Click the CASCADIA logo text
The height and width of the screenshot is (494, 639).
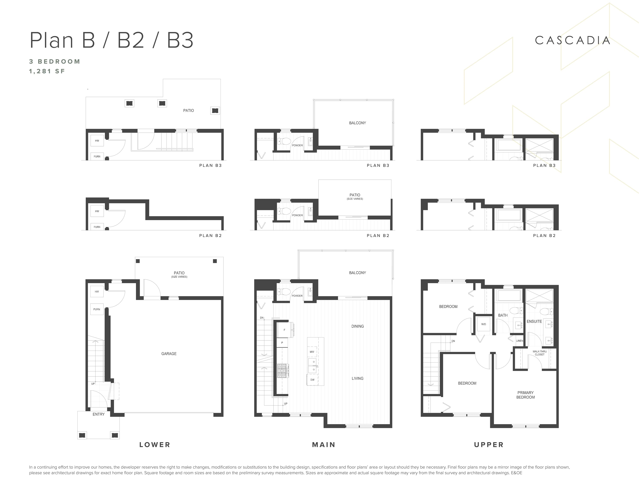pos(572,40)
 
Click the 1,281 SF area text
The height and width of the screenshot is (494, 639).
pos(47,71)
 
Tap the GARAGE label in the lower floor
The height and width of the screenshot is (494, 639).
pos(169,354)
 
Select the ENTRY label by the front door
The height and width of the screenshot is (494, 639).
pos(99,414)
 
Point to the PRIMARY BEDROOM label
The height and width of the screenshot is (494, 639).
pos(525,395)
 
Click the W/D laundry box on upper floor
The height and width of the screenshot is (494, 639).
pos(483,324)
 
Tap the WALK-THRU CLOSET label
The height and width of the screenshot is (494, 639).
pos(540,353)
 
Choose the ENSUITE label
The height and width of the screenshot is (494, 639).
pos(534,321)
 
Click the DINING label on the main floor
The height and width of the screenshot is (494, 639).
pos(358,326)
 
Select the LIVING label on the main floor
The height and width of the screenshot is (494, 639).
pos(358,378)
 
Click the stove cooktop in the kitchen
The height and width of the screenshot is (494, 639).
pos(282,371)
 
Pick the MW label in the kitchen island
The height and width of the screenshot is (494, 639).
pos(312,352)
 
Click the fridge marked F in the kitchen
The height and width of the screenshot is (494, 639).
pos(284,330)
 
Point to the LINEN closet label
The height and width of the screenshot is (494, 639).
pos(520,341)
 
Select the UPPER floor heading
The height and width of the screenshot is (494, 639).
pos(489,445)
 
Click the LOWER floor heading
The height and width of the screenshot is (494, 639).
pos(155,445)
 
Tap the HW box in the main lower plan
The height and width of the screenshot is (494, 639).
pos(97,291)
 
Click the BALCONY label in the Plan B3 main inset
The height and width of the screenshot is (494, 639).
pos(358,123)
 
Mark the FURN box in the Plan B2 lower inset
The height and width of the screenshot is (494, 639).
pos(97,227)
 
